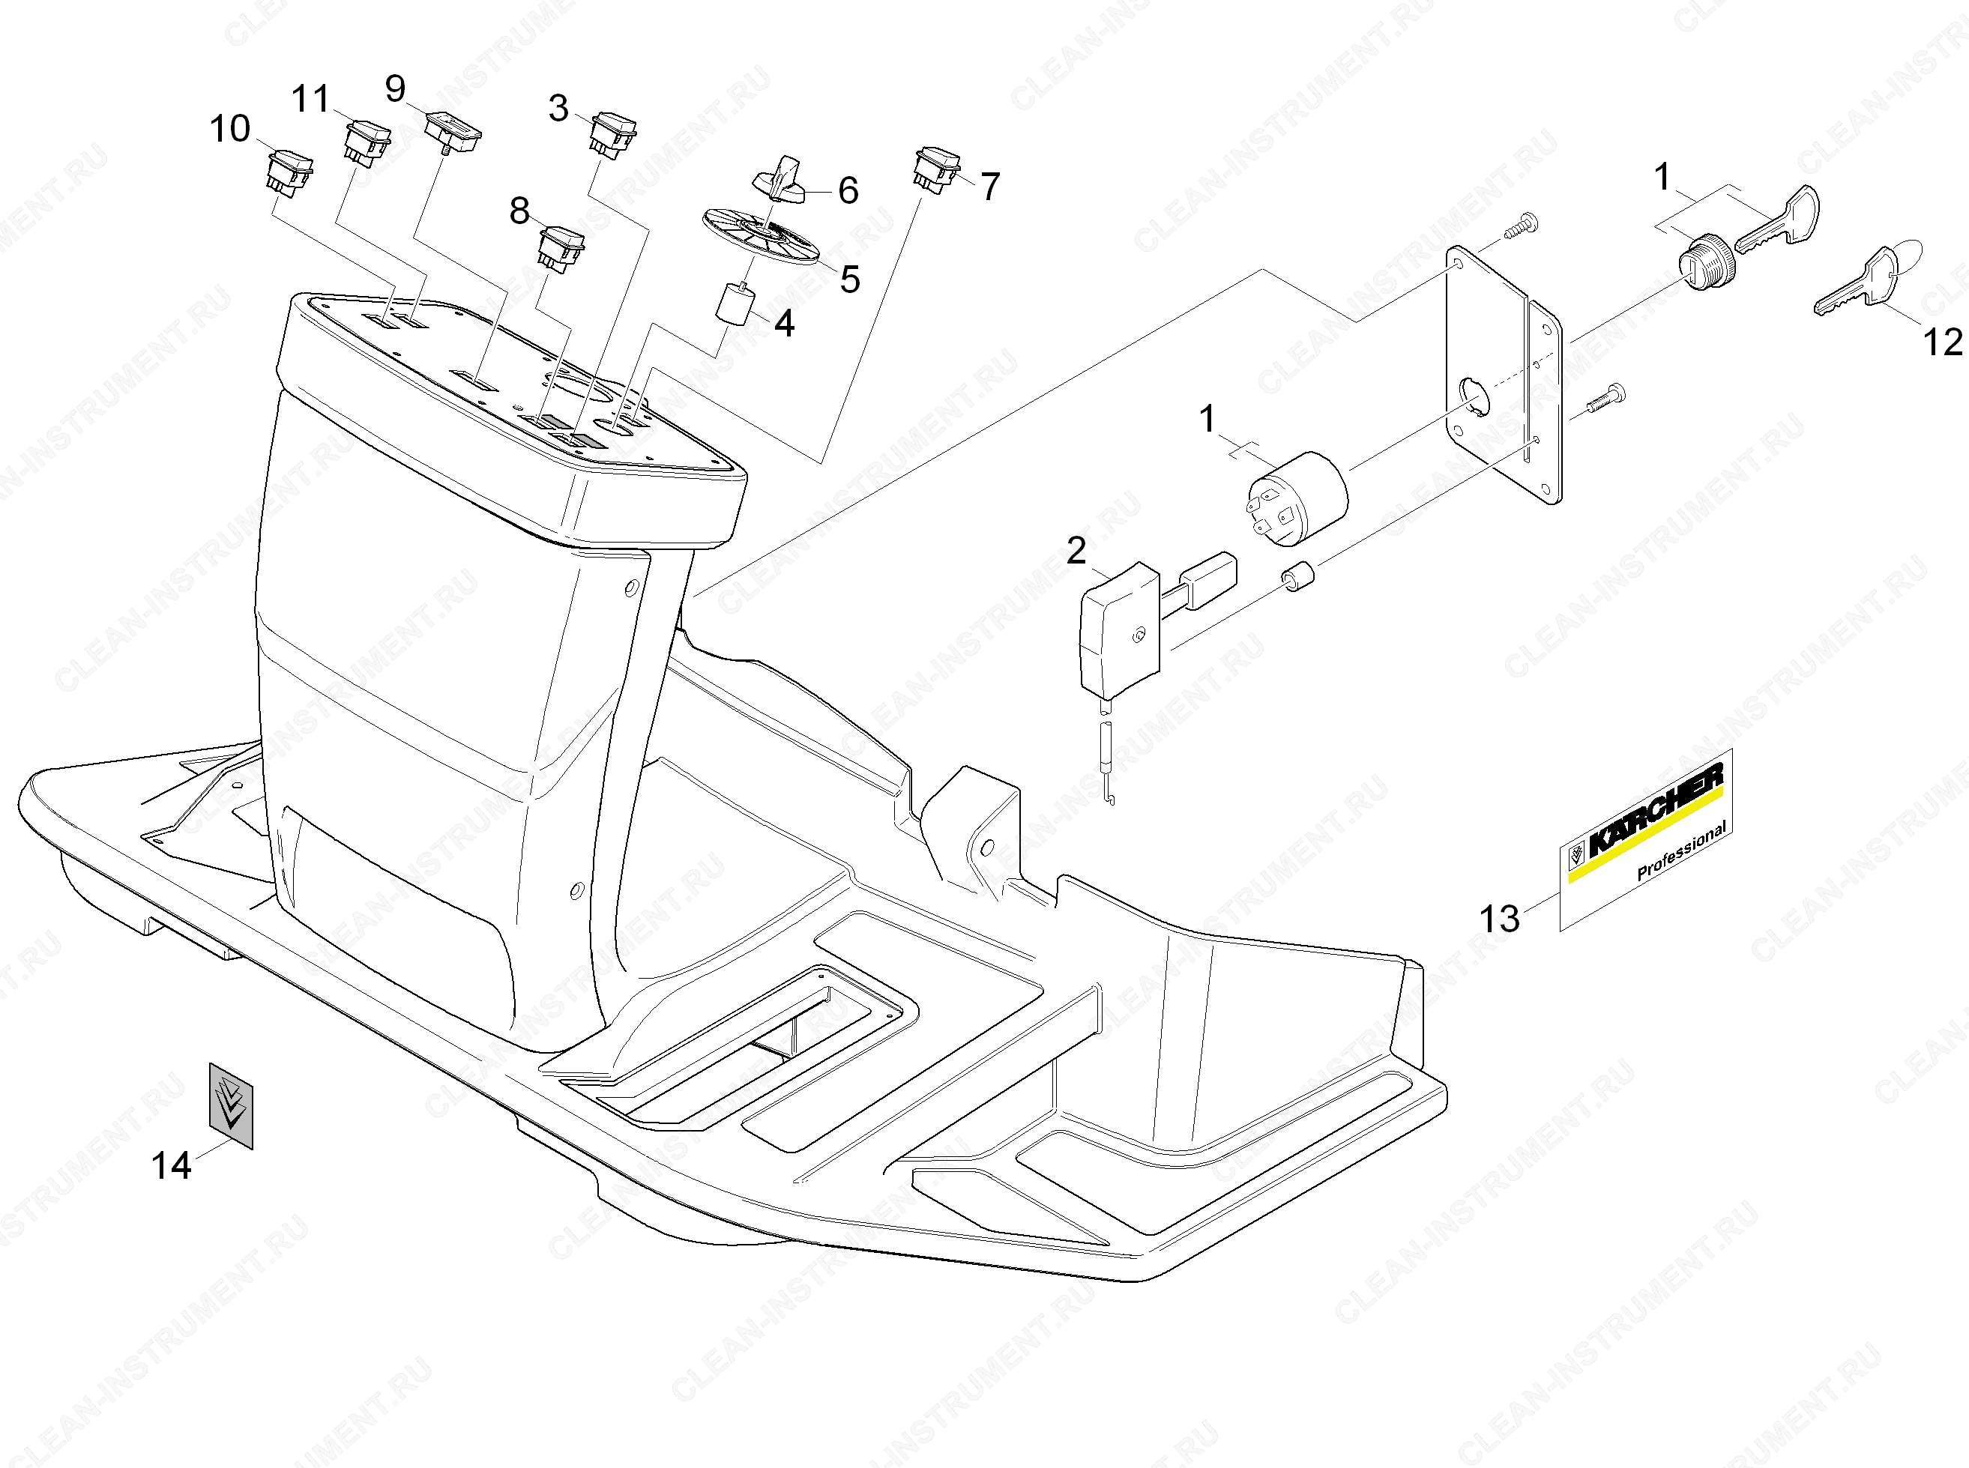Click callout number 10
pyautogui.click(x=229, y=130)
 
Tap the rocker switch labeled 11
pyautogui.click(x=367, y=142)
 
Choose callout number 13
pyautogui.click(x=1500, y=916)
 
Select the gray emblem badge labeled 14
pyautogui.click(x=230, y=1105)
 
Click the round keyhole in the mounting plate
pyautogui.click(x=1474, y=396)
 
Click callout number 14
pyautogui.click(x=172, y=1165)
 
